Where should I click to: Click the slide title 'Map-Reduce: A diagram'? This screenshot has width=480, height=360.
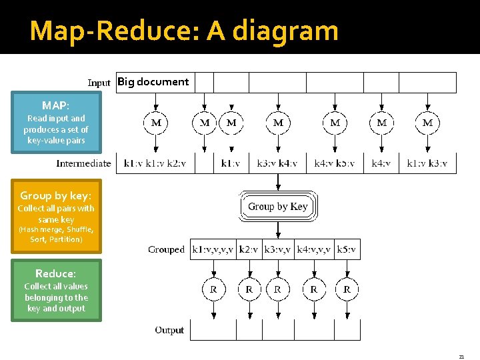click(x=184, y=31)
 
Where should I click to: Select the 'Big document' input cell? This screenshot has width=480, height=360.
click(x=153, y=82)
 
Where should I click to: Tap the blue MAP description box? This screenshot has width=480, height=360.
click(x=57, y=123)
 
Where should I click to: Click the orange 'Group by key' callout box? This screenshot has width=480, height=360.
click(x=57, y=216)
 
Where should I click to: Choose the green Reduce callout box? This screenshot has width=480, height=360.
click(x=57, y=291)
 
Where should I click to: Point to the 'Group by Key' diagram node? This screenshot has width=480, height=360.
click(x=278, y=207)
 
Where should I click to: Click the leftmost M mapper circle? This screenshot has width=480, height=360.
click(x=156, y=123)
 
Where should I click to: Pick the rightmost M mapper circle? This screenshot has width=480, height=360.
click(x=427, y=123)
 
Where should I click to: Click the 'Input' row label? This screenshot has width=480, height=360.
click(x=99, y=83)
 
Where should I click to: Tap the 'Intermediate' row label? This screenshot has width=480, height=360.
click(x=83, y=163)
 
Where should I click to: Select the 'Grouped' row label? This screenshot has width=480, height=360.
click(x=166, y=250)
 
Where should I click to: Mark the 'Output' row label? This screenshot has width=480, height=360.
click(x=169, y=330)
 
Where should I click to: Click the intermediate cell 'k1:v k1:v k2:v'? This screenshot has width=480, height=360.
click(x=155, y=163)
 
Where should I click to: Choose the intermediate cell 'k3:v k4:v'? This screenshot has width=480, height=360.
click(x=277, y=163)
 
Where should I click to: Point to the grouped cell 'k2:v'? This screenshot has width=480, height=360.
click(x=249, y=250)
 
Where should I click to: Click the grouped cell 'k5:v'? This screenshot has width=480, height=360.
click(x=347, y=250)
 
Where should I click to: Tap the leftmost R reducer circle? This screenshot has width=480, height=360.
click(x=213, y=289)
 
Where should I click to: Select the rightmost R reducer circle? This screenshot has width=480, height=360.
click(x=347, y=289)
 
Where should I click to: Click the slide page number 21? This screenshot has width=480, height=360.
click(x=461, y=357)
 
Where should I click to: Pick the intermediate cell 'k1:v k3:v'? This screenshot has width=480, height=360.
click(x=427, y=163)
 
